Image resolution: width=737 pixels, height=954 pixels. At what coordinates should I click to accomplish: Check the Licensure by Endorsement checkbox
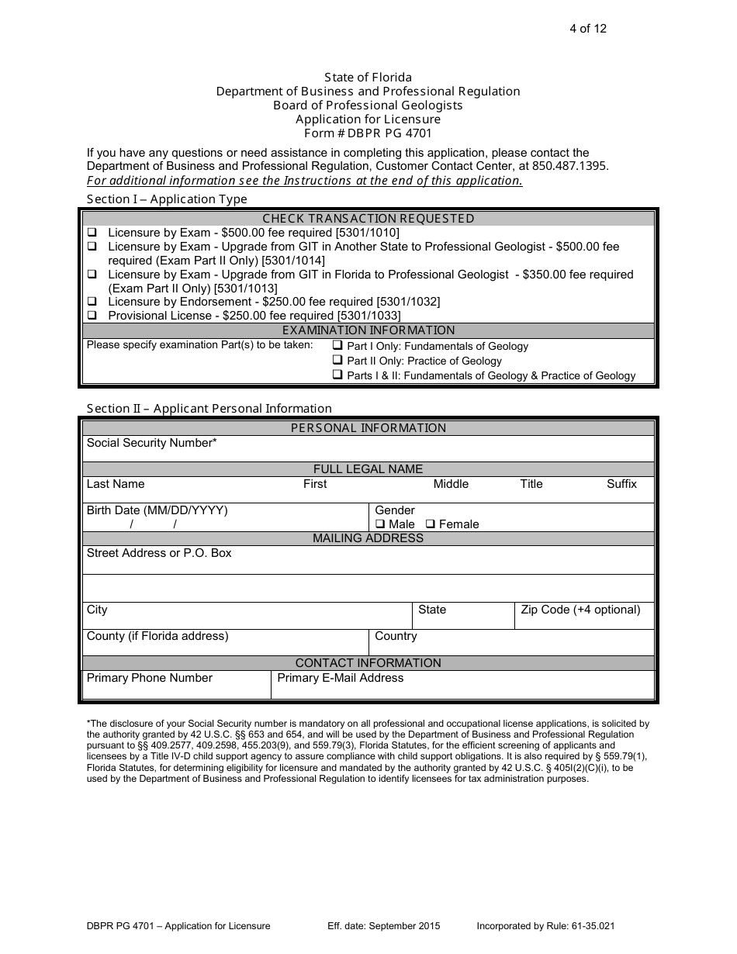92,302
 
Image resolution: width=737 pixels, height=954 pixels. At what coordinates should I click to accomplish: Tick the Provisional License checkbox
92,316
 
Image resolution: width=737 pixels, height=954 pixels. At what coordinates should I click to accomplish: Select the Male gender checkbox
380,524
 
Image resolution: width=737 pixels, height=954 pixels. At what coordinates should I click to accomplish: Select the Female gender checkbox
431,524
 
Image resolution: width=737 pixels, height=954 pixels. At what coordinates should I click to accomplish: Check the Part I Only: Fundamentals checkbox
337,346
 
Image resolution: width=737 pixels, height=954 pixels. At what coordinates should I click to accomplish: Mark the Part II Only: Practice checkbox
337,361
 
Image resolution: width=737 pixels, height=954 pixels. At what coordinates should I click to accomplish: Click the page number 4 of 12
589,29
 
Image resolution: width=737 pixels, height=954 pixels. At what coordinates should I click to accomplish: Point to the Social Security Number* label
151,443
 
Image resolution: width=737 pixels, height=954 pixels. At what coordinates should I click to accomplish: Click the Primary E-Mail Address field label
340,678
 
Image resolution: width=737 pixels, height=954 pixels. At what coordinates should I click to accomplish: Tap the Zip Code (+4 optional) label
580,610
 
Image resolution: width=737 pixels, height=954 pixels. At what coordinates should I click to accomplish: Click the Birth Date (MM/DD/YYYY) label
157,510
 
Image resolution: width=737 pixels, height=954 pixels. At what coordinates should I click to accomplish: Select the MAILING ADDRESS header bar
368,538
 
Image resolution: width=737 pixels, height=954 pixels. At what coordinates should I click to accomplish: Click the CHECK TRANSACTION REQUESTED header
368,219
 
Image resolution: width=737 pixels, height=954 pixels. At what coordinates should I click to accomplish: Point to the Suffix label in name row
621,484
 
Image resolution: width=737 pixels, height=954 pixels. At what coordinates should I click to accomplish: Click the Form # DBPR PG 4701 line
368,133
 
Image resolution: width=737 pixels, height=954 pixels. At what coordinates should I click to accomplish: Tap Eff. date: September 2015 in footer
384,926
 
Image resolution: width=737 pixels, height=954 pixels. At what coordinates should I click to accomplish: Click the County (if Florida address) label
157,636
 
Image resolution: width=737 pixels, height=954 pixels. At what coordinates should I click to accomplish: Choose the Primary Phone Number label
149,678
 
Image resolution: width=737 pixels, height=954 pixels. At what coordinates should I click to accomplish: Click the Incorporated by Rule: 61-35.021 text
546,926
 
